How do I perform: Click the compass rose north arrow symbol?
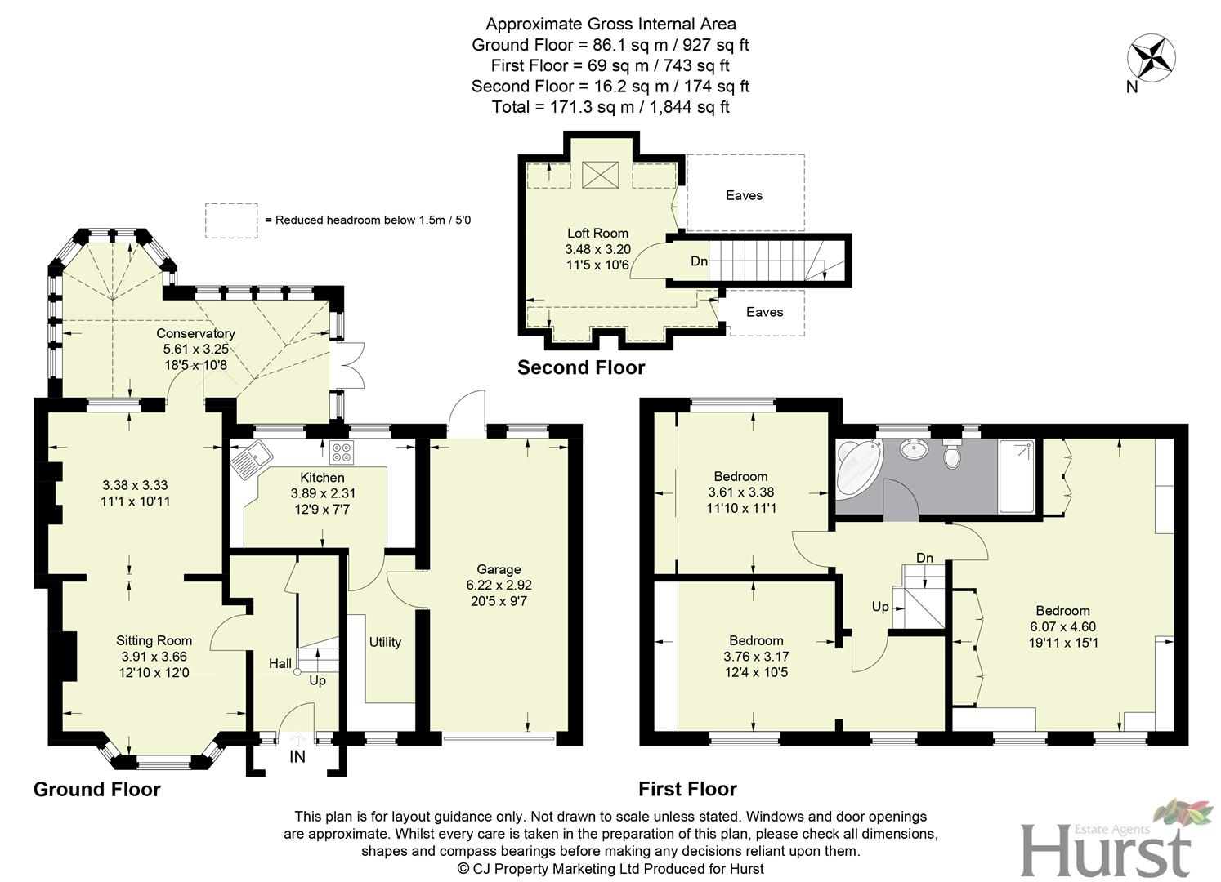1152,58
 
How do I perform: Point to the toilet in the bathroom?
951,454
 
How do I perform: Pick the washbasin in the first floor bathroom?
912,448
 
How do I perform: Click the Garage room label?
499,569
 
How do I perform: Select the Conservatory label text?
195,333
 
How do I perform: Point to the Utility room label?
385,642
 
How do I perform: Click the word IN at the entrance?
297,757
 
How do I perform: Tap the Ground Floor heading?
96,789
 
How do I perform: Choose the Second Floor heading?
581,367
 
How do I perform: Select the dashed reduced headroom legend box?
230,220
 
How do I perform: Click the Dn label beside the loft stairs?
699,261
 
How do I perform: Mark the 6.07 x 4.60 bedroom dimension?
1062,627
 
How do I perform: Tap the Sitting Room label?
154,640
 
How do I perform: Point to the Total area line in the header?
610,107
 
